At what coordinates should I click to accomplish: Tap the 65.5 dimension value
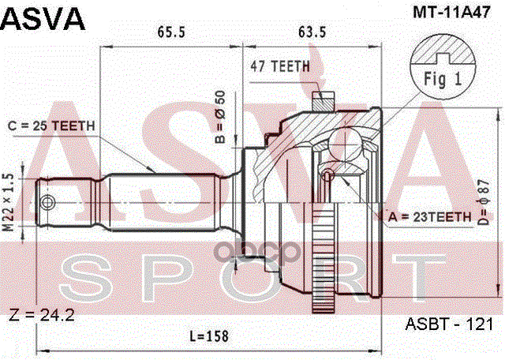[170, 34]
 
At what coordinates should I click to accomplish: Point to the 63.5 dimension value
[312, 34]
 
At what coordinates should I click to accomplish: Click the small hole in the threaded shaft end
[51, 201]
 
